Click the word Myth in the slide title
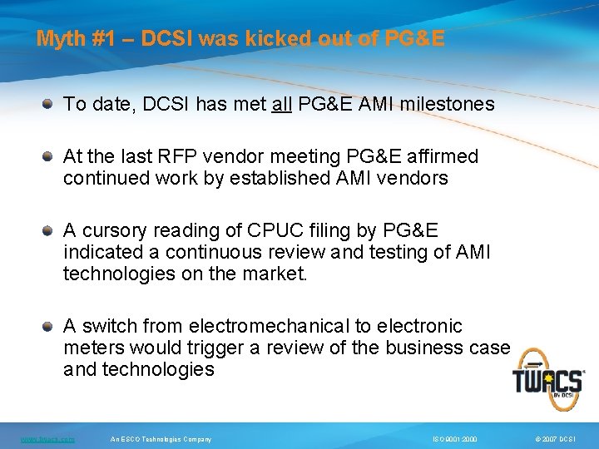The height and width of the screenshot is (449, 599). [57, 39]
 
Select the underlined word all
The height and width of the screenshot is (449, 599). [281, 104]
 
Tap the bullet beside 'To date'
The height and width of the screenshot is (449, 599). [49, 104]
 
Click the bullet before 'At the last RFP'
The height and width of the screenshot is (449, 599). [49, 156]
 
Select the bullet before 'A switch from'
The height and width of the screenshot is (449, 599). [49, 326]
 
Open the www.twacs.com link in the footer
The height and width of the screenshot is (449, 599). [48, 439]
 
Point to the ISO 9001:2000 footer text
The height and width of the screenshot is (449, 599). [454, 439]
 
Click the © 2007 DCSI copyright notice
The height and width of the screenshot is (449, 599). [557, 439]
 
